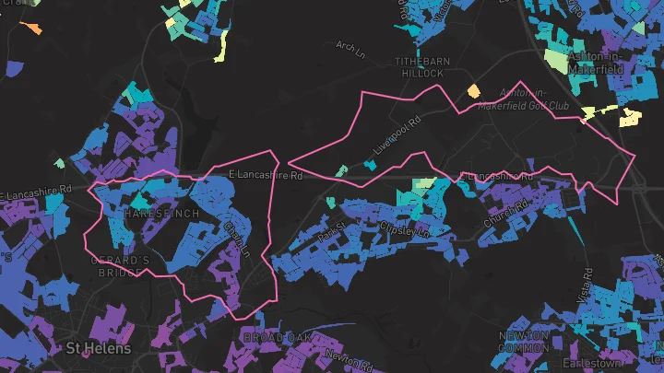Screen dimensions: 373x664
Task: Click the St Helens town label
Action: [98, 349]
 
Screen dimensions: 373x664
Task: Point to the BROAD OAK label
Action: [275, 338]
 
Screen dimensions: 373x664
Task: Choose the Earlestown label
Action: [622, 362]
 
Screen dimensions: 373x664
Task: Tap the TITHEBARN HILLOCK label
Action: [422, 67]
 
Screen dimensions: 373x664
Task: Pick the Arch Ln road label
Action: [351, 46]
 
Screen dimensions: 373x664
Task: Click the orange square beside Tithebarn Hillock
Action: [474, 90]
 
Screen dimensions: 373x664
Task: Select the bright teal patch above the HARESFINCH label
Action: [139, 198]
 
